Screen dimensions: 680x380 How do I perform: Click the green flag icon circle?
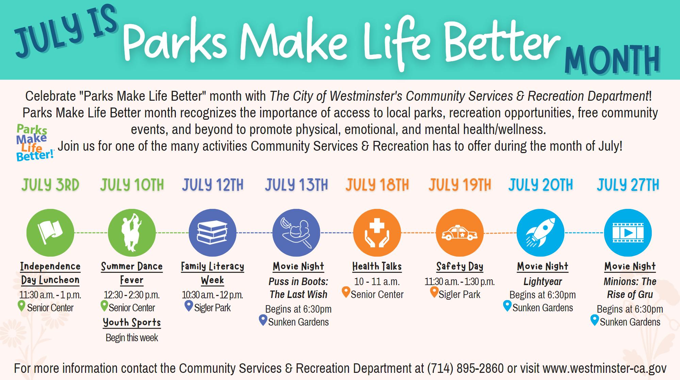[x=50, y=233]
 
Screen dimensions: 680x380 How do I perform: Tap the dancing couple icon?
[x=132, y=233]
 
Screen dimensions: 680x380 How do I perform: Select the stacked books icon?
[x=213, y=233]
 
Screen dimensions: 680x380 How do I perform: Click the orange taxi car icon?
[x=459, y=233]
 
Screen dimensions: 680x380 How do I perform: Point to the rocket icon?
[x=540, y=233]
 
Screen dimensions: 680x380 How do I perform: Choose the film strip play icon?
[x=628, y=233]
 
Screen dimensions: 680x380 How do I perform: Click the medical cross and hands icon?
[x=377, y=233]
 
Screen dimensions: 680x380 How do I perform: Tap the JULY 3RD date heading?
[x=50, y=185]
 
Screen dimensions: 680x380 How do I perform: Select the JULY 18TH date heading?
[x=377, y=185]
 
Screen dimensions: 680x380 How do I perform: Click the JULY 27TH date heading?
[x=628, y=185]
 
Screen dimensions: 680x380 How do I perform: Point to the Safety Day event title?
[x=460, y=266]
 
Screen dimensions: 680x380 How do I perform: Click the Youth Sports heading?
[x=132, y=322]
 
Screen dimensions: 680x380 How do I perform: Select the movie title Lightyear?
[x=543, y=282]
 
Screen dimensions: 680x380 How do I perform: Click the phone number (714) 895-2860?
[x=465, y=368]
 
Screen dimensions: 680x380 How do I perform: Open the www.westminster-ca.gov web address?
[x=604, y=368]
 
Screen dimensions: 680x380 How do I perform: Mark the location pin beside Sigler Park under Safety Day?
[x=434, y=293]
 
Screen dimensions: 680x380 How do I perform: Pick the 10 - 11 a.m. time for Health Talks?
[x=377, y=282]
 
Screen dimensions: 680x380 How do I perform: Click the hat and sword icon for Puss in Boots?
[x=296, y=233]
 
